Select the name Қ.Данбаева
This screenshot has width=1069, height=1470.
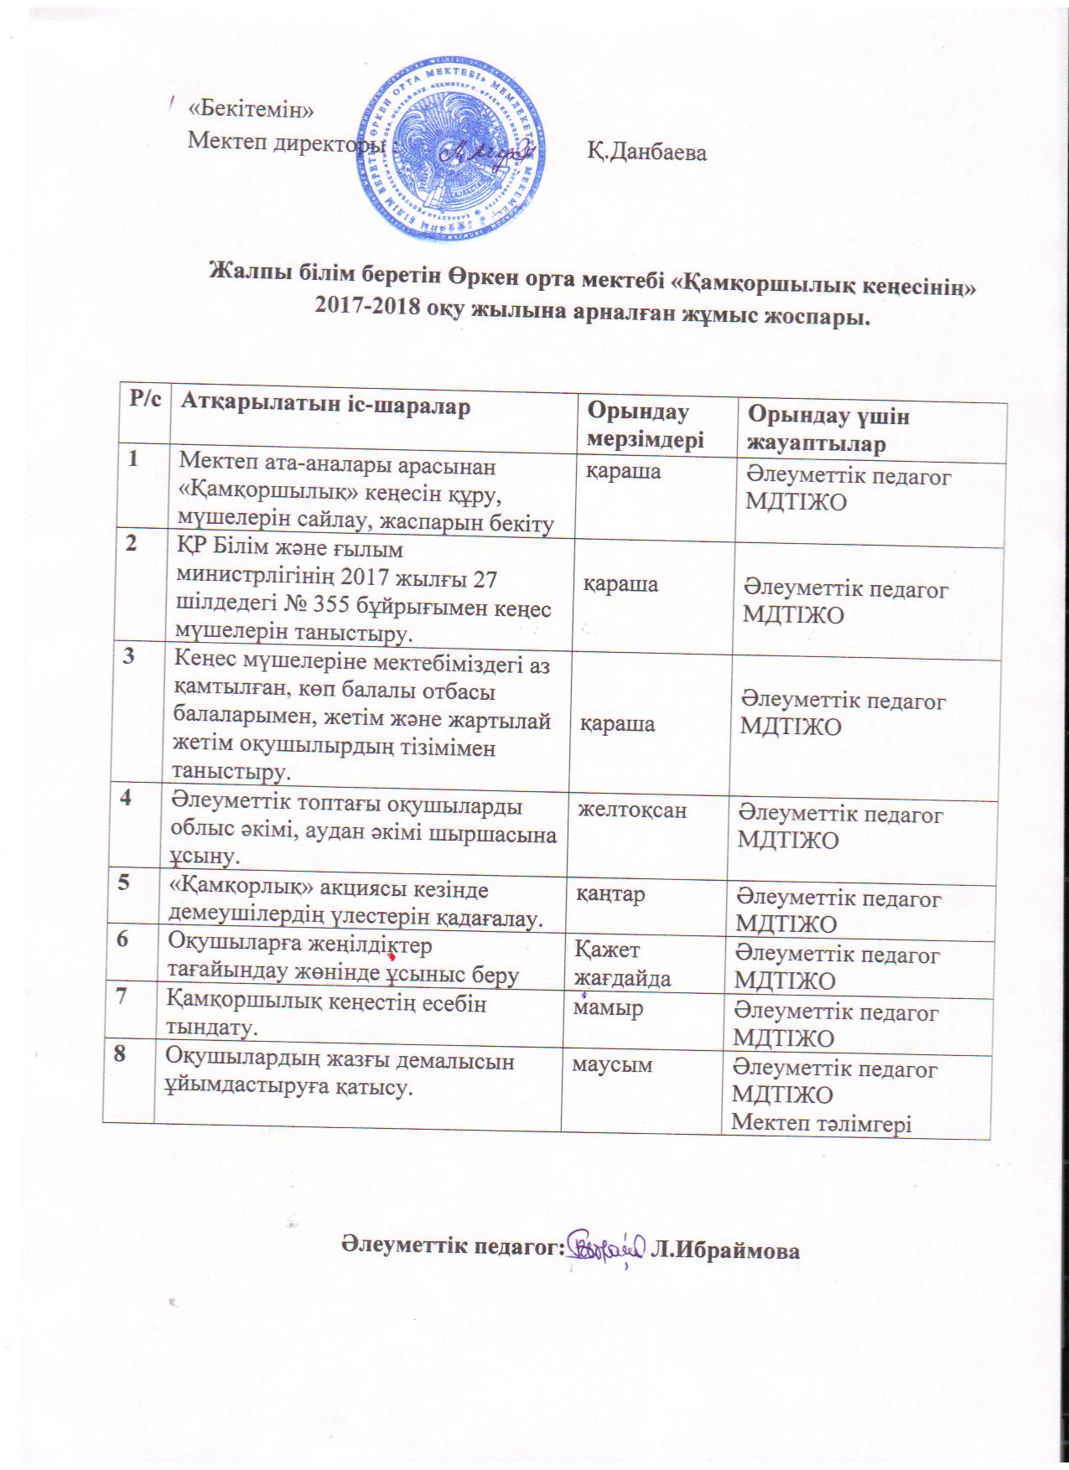646,153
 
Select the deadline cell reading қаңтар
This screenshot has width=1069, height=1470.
610,894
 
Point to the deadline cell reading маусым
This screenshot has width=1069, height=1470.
612,1064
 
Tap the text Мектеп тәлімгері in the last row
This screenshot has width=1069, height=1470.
822,1122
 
